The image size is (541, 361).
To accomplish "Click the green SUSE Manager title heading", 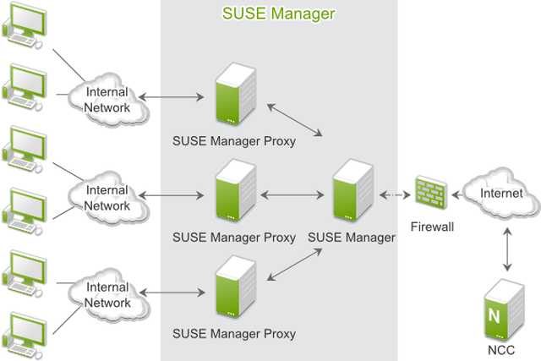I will pos(278,14).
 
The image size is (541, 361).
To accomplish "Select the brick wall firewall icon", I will pos(432,193).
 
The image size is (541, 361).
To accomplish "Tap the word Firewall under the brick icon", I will pos(432,227).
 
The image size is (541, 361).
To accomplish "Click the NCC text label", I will pos(499,349).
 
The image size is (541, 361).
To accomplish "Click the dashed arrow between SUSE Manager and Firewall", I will pos(395,194).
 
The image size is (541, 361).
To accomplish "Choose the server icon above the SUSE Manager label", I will pos(352,193).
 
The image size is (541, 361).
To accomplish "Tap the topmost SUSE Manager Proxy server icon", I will pos(234,98).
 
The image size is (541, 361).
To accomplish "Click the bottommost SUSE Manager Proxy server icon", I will pos(234,293).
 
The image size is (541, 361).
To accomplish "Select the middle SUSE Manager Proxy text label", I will pos(234,238).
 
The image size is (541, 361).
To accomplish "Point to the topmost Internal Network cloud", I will pos(107,100).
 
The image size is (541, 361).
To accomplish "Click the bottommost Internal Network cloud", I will pos(107,295).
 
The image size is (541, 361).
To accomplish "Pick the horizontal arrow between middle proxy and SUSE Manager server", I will pos(292,195).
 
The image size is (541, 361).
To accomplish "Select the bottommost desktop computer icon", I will pos(25,333).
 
